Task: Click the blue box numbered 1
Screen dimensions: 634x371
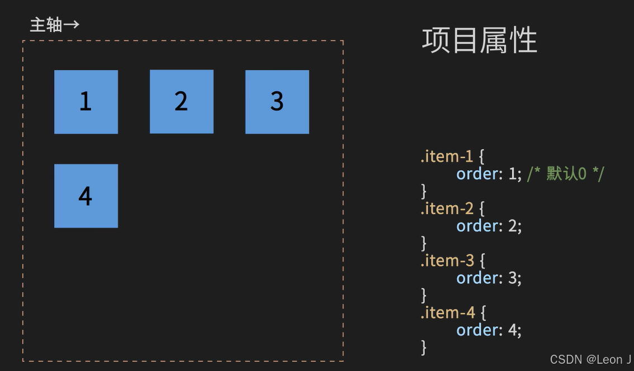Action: coord(86,102)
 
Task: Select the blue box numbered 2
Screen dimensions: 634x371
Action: coord(181,102)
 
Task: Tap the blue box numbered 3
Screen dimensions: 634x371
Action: coord(277,102)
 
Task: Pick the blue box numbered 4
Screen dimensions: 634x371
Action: coord(86,196)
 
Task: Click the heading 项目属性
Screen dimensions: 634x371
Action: coord(479,41)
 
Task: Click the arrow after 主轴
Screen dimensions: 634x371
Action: coord(72,25)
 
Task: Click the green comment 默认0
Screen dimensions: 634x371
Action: coord(565,174)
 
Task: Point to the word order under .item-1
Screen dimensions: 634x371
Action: coord(479,174)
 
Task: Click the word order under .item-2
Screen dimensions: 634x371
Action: coord(479,226)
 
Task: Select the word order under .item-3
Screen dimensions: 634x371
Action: coord(479,278)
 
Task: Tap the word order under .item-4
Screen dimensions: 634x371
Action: coord(479,330)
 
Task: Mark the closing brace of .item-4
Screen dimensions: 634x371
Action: coord(424,347)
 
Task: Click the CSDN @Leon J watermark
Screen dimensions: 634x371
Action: coord(590,359)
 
